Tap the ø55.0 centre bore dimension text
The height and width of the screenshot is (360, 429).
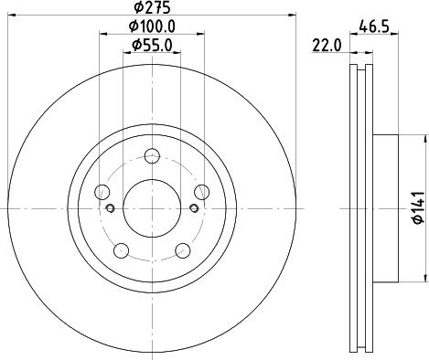coord(152,45)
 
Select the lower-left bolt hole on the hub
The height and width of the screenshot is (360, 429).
coord(122,249)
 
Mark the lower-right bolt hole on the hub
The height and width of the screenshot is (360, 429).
coord(182,249)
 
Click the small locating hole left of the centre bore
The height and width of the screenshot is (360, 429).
coord(111,209)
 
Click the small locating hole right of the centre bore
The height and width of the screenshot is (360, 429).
coord(193,209)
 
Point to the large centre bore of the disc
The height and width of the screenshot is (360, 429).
coord(152,208)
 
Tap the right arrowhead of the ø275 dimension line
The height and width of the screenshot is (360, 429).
coord(294,15)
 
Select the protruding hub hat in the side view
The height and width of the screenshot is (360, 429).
coord(386,208)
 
